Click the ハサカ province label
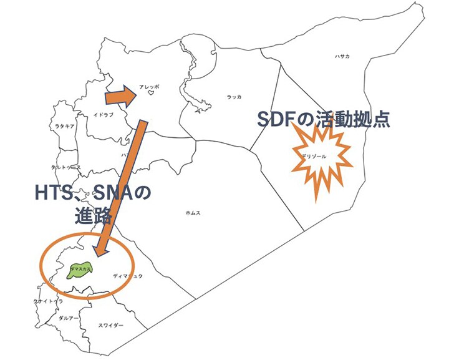click(x=342, y=57)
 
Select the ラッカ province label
click(x=234, y=97)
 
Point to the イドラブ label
click(x=103, y=115)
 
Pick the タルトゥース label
click(x=66, y=167)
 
